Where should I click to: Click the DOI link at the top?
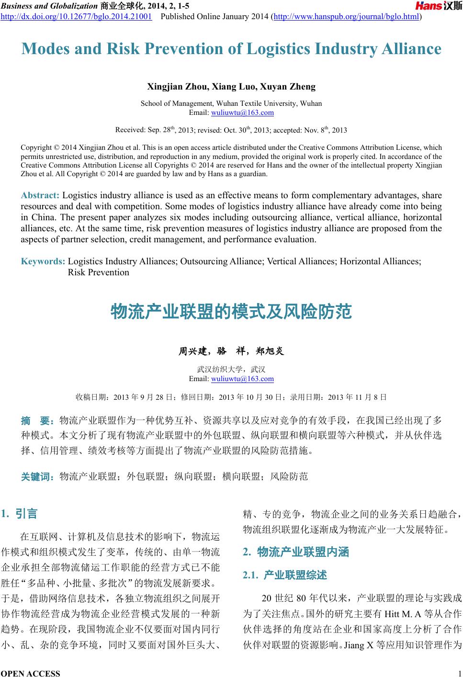pyautogui.click(x=77, y=17)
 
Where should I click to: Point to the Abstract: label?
pyautogui.click(x=40, y=195)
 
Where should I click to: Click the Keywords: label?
pyautogui.click(x=43, y=261)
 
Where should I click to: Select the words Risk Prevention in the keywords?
pyautogui.click(x=99, y=272)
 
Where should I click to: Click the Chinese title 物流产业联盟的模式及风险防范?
pyautogui.click(x=231, y=312)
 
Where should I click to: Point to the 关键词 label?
pyautogui.click(x=37, y=476)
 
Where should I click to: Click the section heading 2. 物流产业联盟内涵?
pyautogui.click(x=296, y=552)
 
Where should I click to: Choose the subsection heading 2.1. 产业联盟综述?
pyautogui.click(x=285, y=575)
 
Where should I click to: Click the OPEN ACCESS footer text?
pyautogui.click(x=31, y=673)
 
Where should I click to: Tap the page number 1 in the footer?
pyautogui.click(x=459, y=673)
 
